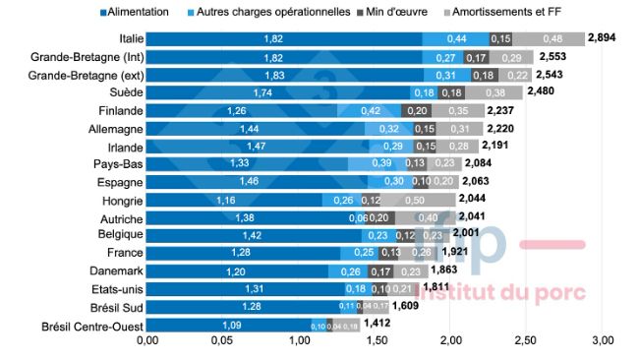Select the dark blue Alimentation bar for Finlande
click(x=242, y=110)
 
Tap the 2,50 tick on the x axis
click(x=527, y=340)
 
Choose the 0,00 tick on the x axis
click(x=147, y=340)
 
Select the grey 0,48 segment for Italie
click(x=551, y=37)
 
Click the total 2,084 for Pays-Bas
click(x=479, y=163)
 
